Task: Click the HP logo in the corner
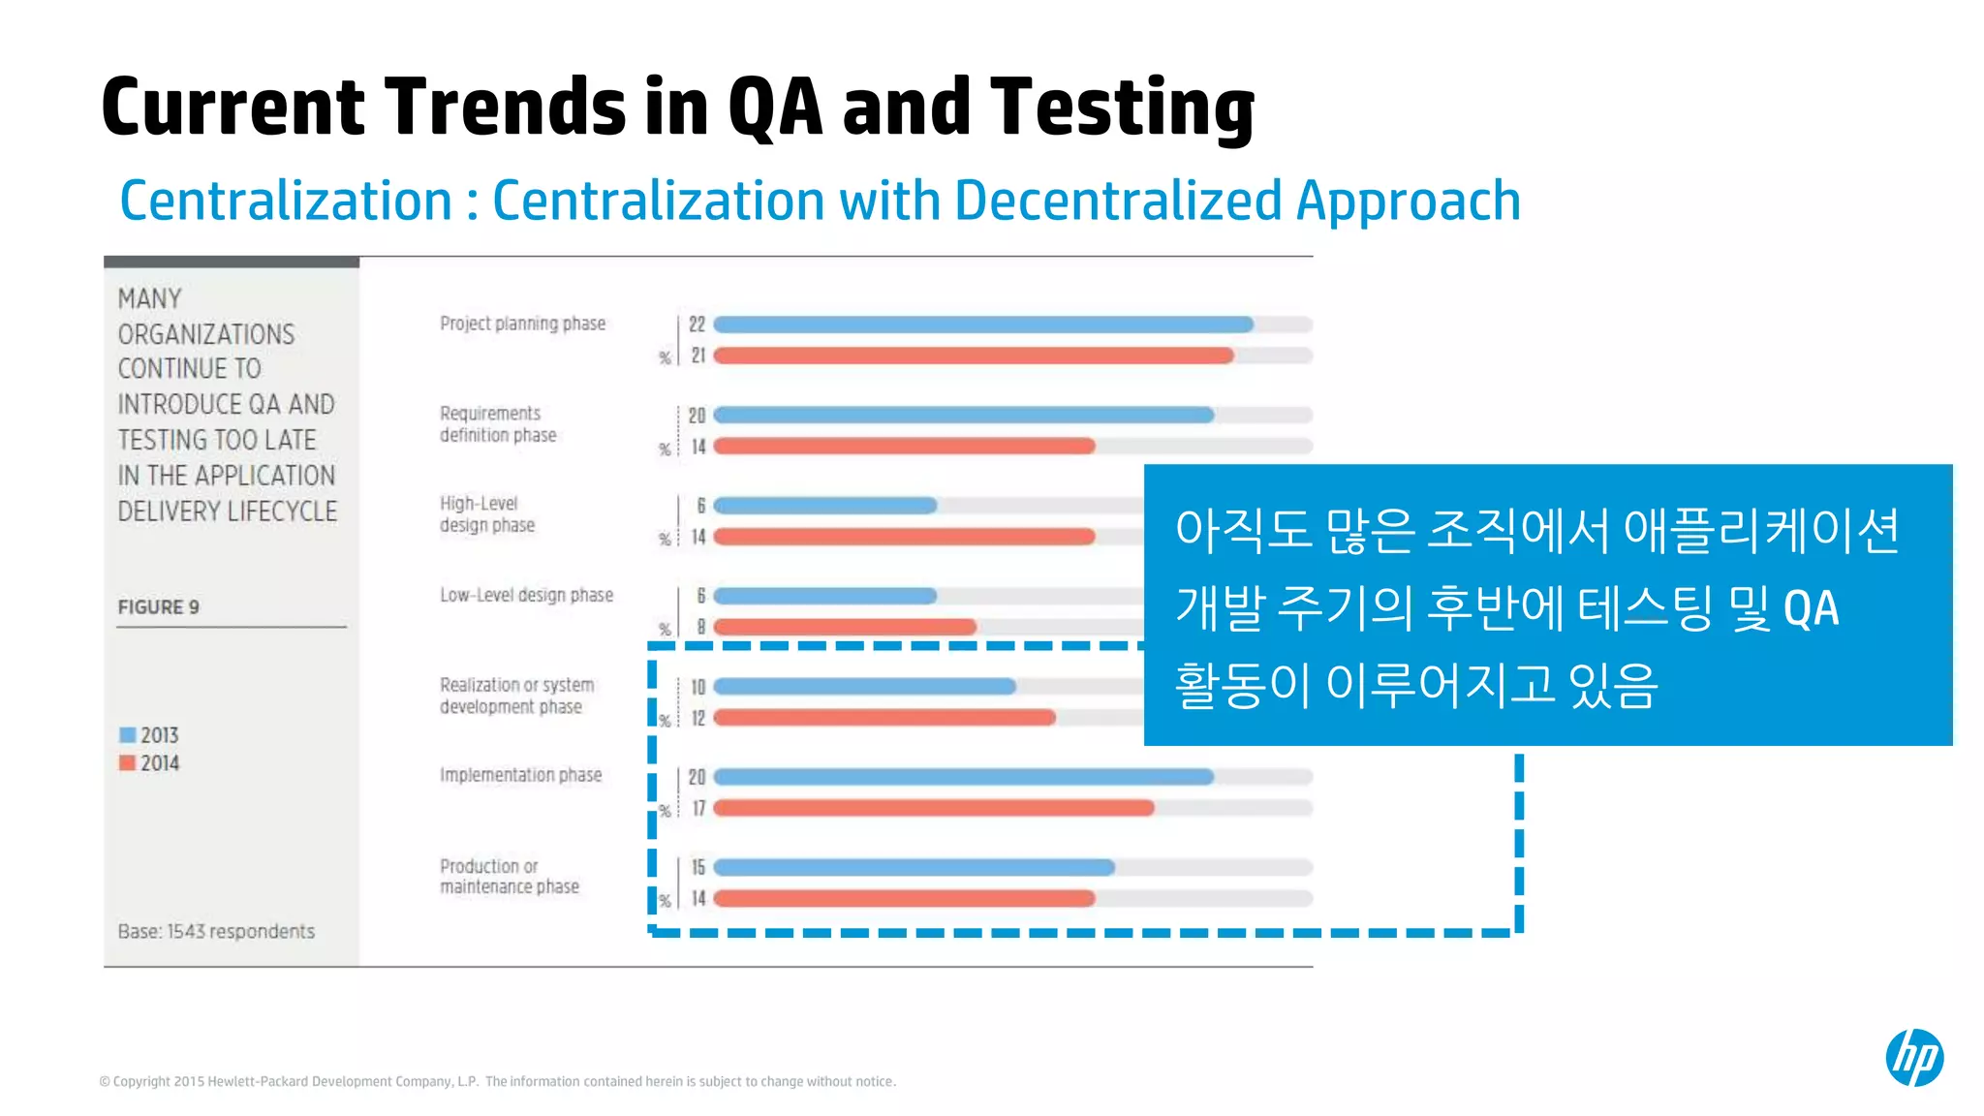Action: point(1913,1057)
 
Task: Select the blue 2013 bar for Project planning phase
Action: point(982,325)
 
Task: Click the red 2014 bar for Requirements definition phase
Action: point(903,447)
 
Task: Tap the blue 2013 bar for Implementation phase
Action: point(963,777)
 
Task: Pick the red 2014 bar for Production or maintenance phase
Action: point(903,899)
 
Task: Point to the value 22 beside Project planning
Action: point(697,325)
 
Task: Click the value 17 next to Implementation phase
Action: point(697,808)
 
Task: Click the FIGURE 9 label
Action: point(158,607)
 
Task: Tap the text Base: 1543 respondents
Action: point(216,931)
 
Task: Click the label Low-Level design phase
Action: point(526,595)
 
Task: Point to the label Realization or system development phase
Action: point(516,696)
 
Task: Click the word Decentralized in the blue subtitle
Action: point(1119,201)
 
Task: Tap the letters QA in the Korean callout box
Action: point(1811,609)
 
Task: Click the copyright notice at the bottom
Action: point(497,1081)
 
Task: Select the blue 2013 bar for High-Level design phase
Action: point(824,506)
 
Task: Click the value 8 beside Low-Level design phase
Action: point(700,627)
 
